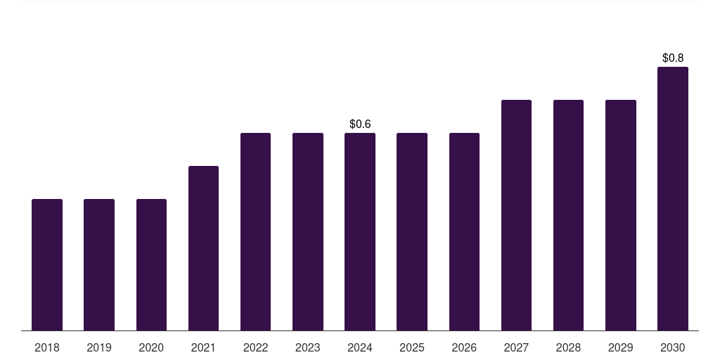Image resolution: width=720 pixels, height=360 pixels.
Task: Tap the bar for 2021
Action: [x=203, y=248]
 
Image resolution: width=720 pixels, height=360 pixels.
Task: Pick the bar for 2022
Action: [x=255, y=231]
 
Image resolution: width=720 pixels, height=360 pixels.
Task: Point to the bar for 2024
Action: [x=360, y=231]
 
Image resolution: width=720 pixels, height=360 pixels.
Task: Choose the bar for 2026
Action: [x=464, y=231]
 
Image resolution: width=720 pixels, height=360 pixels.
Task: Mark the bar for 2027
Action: [x=516, y=215]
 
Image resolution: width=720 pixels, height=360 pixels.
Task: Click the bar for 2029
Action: [x=621, y=215]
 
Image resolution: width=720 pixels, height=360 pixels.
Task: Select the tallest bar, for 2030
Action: [x=673, y=198]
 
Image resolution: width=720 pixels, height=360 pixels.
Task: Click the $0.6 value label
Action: [x=360, y=124]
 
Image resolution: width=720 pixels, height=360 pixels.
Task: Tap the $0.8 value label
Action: [x=673, y=58]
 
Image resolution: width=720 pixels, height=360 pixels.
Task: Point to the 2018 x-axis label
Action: [x=47, y=348]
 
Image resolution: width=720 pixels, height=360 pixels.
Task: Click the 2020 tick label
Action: [x=151, y=348]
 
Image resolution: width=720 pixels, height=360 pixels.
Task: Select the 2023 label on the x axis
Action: [x=308, y=348]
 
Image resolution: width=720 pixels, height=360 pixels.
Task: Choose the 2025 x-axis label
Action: [x=412, y=348]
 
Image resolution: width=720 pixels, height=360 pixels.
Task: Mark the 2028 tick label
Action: [x=568, y=348]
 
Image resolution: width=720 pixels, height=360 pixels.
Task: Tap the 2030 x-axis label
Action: [x=673, y=348]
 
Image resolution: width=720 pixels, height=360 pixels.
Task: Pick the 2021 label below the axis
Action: [x=203, y=348]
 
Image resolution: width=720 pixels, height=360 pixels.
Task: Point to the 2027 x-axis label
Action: [x=516, y=348]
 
